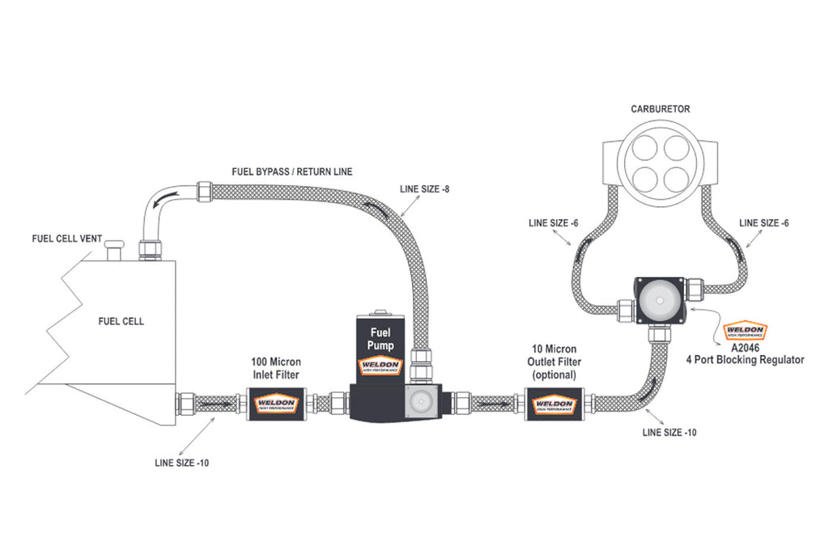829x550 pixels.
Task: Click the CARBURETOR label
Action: (660, 108)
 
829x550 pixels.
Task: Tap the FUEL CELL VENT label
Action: (66, 239)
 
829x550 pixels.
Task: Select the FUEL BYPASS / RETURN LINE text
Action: (292, 172)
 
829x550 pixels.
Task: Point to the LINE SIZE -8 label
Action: (427, 188)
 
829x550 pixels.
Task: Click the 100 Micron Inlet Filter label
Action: (274, 370)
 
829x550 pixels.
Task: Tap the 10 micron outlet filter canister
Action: (555, 403)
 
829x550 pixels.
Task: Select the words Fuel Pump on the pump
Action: (380, 338)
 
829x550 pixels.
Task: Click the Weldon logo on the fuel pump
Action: (380, 366)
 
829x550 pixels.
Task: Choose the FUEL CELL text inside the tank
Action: (121, 321)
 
